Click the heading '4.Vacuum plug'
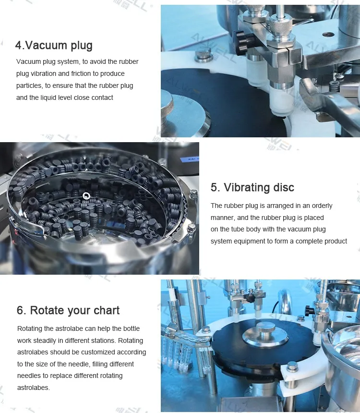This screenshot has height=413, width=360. [54, 46]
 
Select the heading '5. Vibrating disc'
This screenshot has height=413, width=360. [252, 187]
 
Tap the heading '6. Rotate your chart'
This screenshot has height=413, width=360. [68, 310]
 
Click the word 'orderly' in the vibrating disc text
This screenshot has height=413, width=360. [321, 206]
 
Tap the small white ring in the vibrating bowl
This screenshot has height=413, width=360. [86, 195]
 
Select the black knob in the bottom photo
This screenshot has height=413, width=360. [309, 310]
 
